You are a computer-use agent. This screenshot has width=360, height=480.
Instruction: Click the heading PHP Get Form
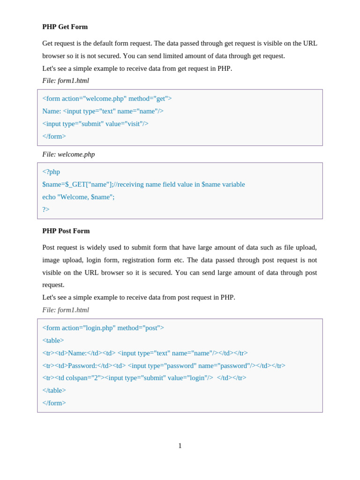coord(65,27)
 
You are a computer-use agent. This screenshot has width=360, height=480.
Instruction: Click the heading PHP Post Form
coord(66,231)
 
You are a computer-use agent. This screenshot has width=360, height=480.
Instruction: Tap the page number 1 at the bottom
coord(180,446)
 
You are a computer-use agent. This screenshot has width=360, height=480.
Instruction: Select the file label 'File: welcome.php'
coord(68,154)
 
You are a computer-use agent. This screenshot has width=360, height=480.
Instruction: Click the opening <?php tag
coord(51,172)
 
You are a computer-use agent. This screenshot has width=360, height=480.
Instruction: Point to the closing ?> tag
coord(46,210)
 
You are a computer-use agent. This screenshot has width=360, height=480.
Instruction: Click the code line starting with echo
coord(78,197)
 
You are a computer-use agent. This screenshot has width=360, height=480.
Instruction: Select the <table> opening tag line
coord(53,340)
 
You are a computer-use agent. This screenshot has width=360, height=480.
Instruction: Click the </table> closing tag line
coord(54,390)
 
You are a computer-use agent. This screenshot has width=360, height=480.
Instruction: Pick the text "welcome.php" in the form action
coord(105,98)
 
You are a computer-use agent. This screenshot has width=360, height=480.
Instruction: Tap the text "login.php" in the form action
coord(99,328)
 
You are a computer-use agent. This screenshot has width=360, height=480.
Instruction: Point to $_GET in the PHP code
coord(75,184)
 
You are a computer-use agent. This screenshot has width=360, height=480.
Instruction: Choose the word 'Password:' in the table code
coord(82,366)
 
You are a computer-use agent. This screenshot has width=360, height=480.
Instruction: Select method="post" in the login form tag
coord(141,328)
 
